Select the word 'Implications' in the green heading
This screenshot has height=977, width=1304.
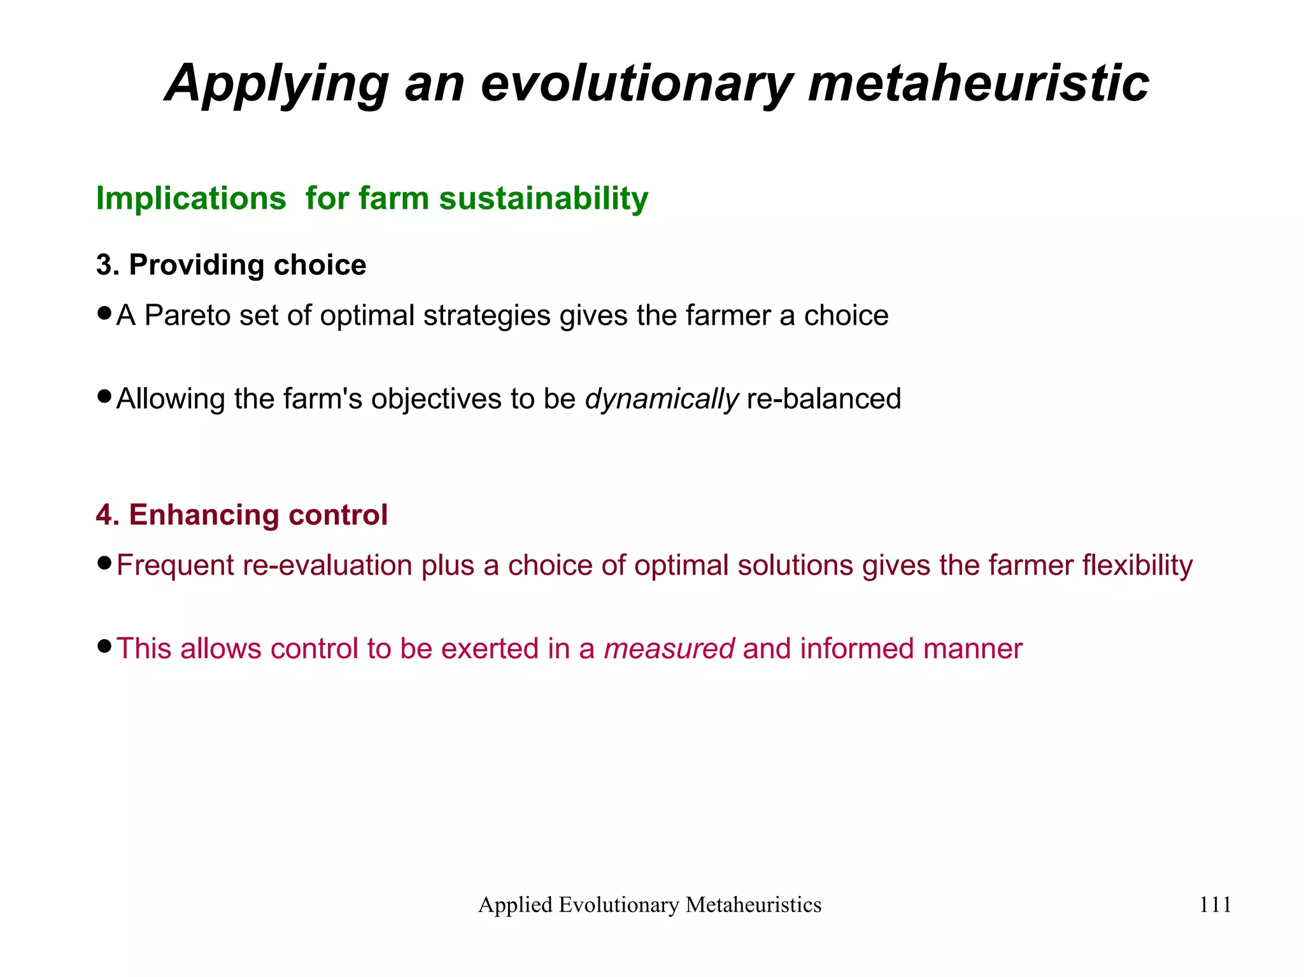[191, 198]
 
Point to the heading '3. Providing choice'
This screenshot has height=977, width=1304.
[231, 265]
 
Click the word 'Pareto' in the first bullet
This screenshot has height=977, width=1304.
[187, 316]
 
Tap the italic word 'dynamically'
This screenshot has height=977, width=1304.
[662, 400]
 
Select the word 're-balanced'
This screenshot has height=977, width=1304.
[824, 399]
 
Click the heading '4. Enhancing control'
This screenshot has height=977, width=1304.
[242, 515]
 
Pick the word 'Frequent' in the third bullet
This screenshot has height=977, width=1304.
[175, 566]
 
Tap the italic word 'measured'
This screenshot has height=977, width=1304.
[669, 649]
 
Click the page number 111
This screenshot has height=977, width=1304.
[1215, 904]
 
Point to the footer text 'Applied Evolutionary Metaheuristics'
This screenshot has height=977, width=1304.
[649, 904]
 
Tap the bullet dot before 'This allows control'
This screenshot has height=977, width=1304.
[104, 647]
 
